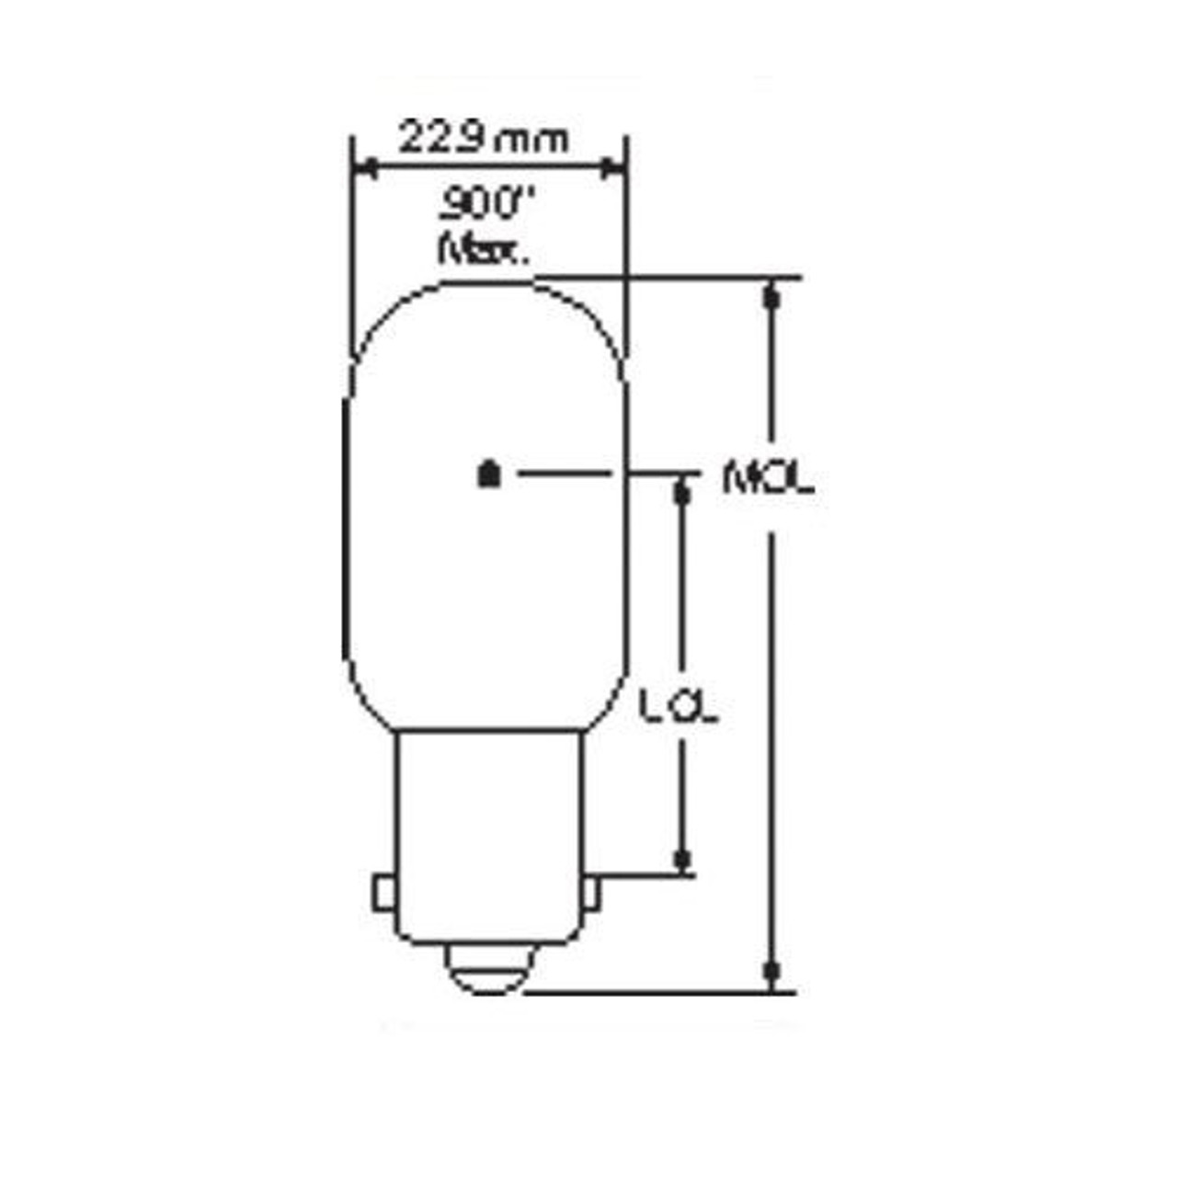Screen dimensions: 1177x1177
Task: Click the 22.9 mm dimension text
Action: pyautogui.click(x=484, y=139)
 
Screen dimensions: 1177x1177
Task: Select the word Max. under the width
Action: pyautogui.click(x=484, y=248)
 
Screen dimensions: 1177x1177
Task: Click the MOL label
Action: pyautogui.click(x=768, y=479)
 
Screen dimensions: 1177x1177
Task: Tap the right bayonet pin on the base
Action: pyautogui.click(x=591, y=894)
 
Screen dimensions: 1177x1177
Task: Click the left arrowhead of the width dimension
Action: pyautogui.click(x=366, y=167)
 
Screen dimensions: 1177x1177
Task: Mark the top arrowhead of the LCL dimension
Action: pyautogui.click(x=681, y=492)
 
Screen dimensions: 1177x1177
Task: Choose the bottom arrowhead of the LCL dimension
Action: pyautogui.click(x=681, y=859)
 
